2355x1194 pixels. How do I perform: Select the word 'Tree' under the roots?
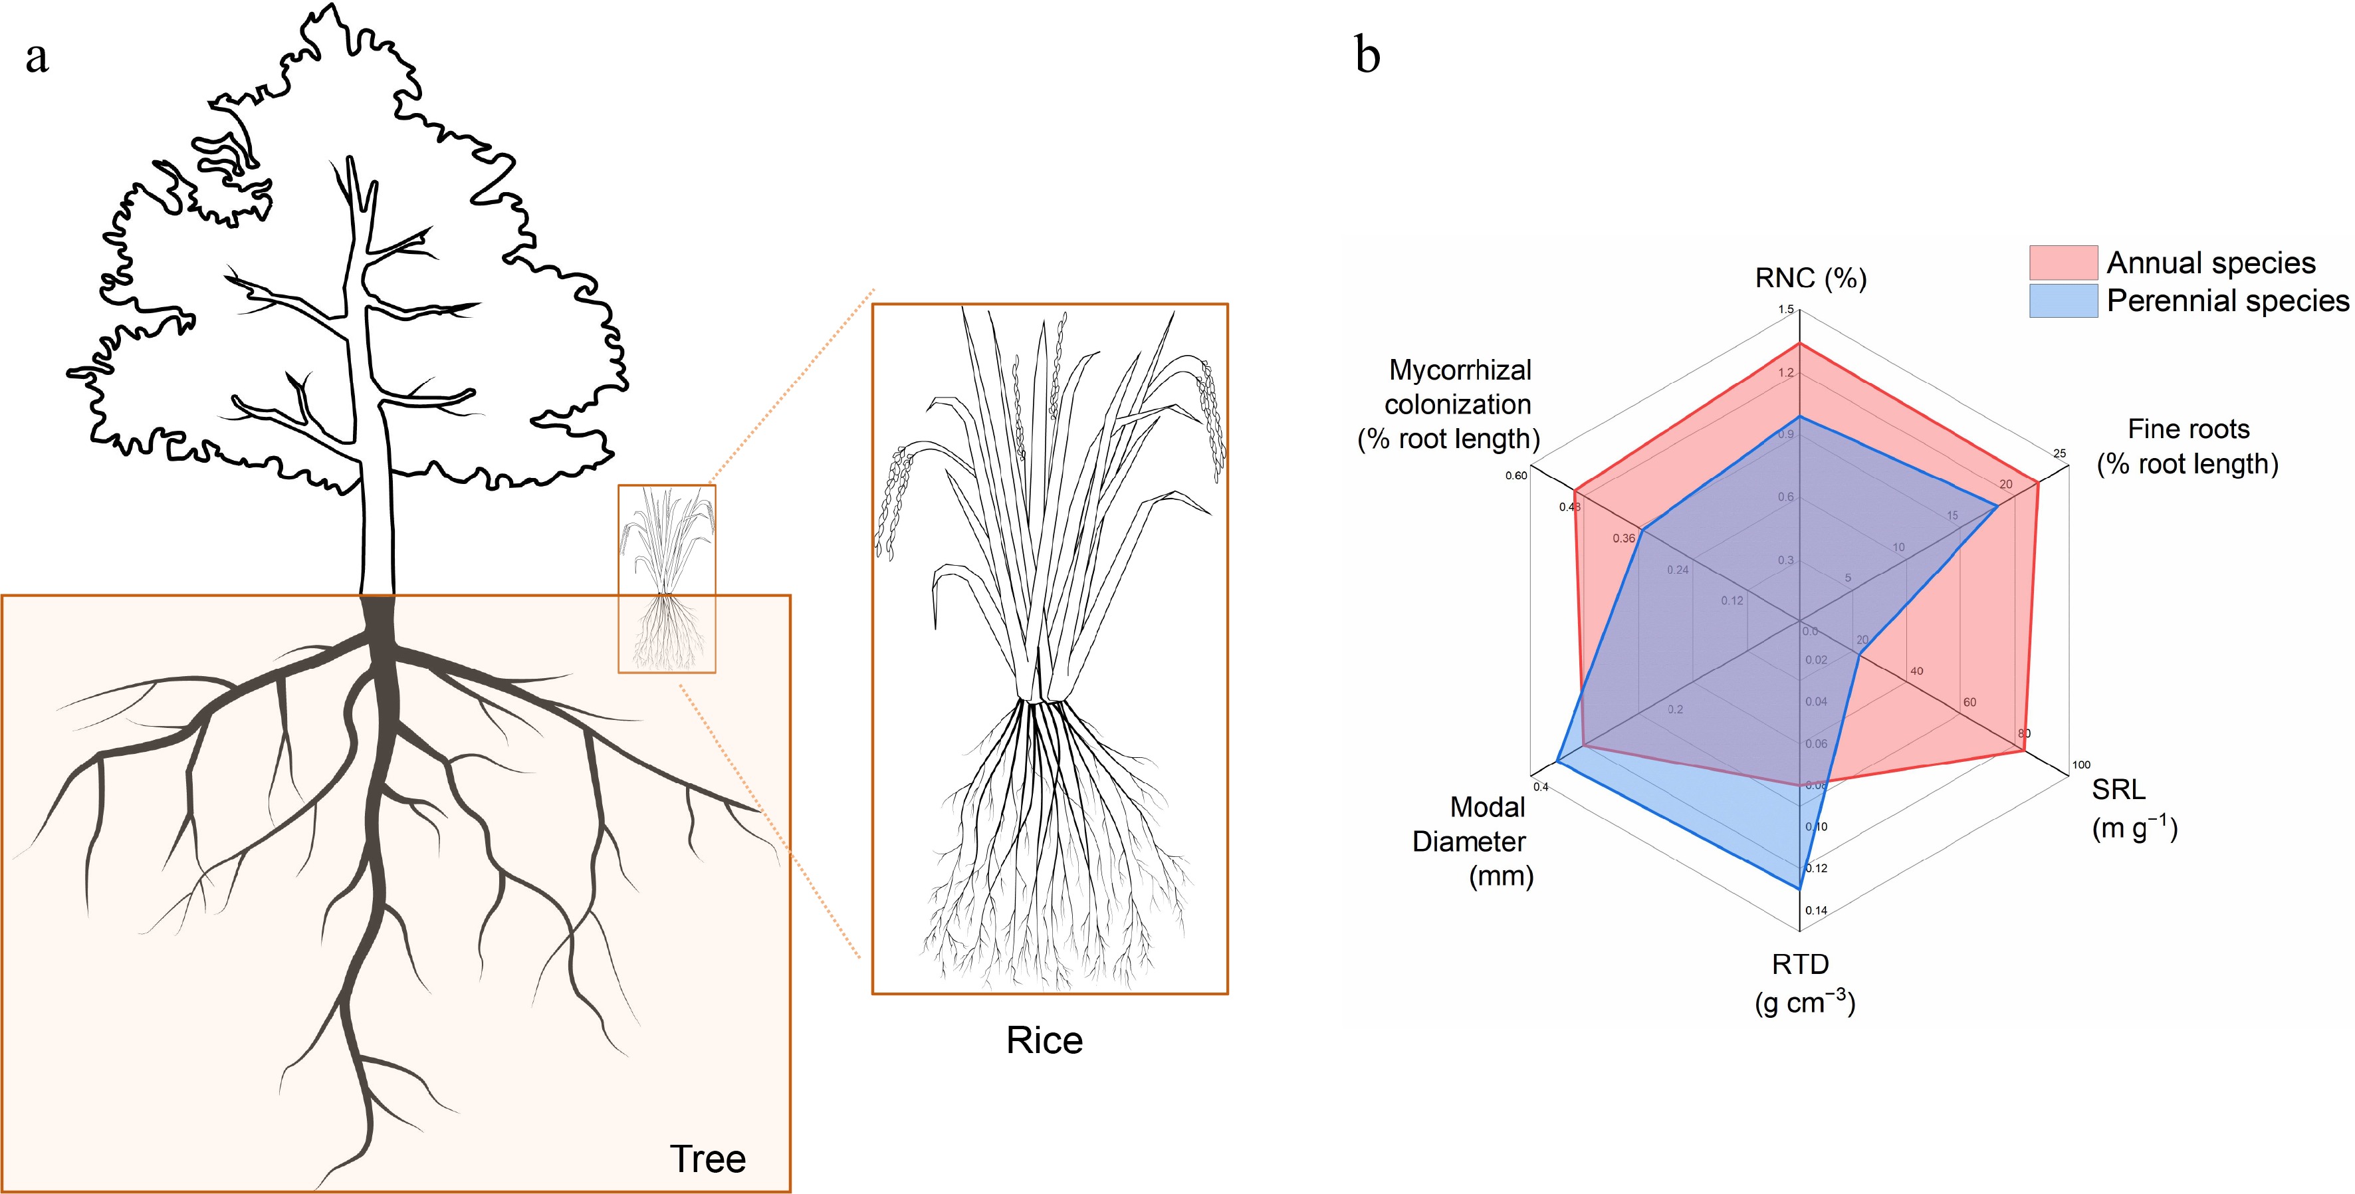tap(708, 1158)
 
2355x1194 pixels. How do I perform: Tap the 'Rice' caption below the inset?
tap(1044, 1040)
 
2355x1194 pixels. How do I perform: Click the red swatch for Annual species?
tap(2063, 263)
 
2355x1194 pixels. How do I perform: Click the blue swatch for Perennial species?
tap(2063, 300)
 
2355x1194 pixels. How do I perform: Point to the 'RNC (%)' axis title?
tap(1810, 278)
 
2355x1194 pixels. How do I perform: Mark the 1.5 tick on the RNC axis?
tap(1785, 309)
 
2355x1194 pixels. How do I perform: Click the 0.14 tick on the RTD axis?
tap(1816, 911)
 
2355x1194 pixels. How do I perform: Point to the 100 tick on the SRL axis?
tap(2080, 765)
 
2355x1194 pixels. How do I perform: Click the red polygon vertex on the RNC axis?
tap(1799, 343)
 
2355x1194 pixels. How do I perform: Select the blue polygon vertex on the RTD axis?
tap(1799, 888)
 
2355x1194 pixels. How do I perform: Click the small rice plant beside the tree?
tap(667, 578)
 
